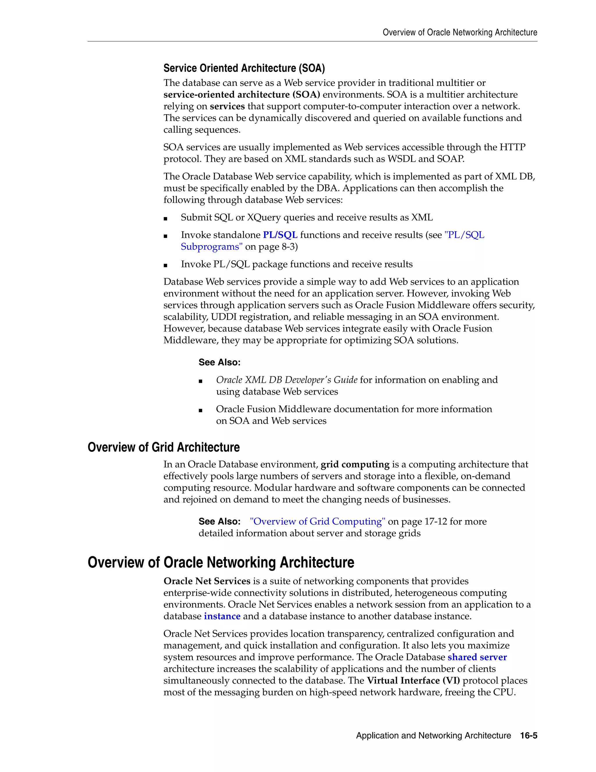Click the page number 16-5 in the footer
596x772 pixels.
pyautogui.click(x=528, y=735)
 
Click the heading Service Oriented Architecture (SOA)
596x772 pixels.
pyautogui.click(x=244, y=68)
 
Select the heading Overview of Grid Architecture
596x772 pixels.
pyautogui.click(x=164, y=447)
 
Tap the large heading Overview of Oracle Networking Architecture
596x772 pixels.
pyautogui.click(x=221, y=562)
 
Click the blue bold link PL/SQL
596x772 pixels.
pyautogui.click(x=280, y=235)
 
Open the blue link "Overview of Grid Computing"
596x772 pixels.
pyautogui.click(x=317, y=521)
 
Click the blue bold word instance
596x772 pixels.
pyautogui.click(x=222, y=616)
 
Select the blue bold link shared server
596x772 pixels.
pyautogui.click(x=477, y=657)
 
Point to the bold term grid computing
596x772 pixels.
pyautogui.click(x=355, y=464)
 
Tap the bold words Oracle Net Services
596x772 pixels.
pyautogui.click(x=207, y=581)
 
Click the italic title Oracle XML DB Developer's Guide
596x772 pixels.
pyautogui.click(x=287, y=380)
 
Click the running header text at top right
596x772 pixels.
pyautogui.click(x=460, y=33)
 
